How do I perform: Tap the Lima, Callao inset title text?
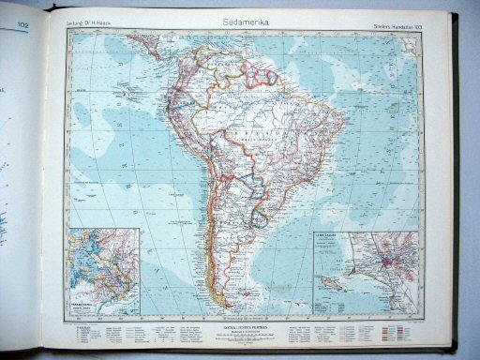click(x=333, y=238)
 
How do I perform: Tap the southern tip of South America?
click(x=228, y=307)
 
